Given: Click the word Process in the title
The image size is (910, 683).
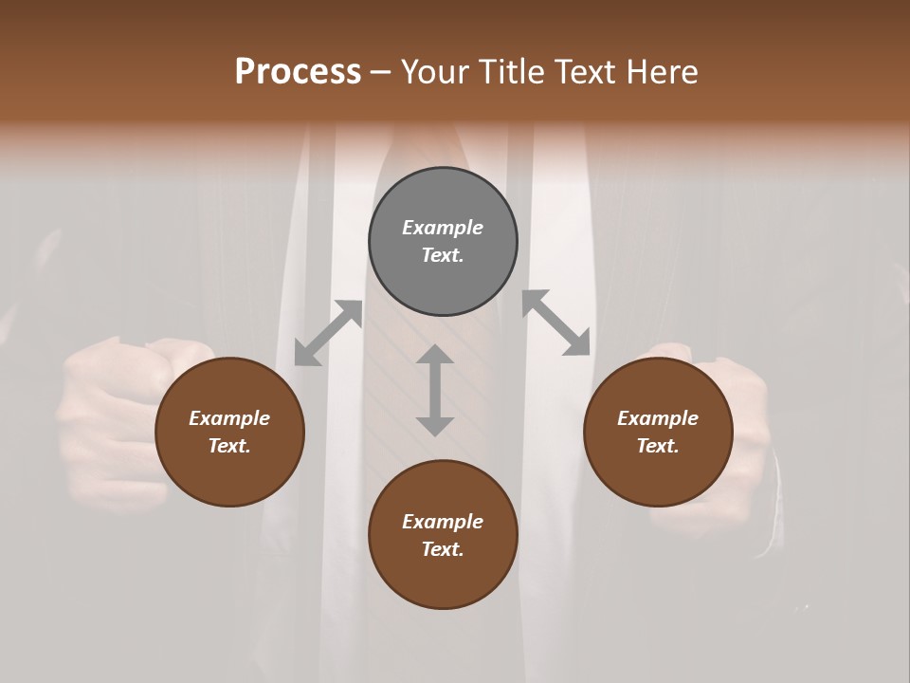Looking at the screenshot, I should [298, 72].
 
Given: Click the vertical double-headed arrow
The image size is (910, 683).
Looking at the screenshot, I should [435, 391].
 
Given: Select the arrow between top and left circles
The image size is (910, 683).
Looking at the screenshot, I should [329, 332].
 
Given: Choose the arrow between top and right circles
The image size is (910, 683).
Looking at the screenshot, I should [556, 323].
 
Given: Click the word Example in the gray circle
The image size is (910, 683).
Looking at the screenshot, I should [443, 228].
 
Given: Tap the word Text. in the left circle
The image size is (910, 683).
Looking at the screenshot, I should [229, 446].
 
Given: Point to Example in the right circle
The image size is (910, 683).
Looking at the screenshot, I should [658, 418].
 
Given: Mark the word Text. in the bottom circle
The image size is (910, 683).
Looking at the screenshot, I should [443, 549].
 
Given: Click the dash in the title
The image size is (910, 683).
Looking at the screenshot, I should [380, 72].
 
